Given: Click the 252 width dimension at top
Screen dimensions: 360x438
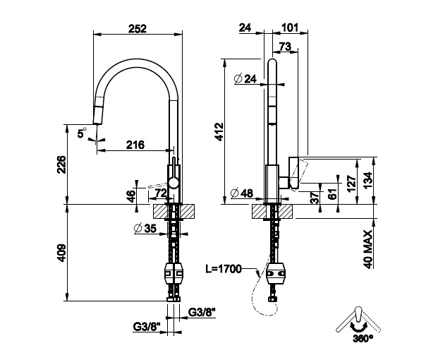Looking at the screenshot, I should [x=138, y=29].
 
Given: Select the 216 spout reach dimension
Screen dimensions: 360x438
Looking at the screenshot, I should [x=135, y=145].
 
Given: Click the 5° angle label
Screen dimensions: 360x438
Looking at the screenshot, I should [x=82, y=131].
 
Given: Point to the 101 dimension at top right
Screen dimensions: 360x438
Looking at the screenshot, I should [x=288, y=29].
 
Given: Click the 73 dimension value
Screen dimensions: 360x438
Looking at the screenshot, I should [x=286, y=47].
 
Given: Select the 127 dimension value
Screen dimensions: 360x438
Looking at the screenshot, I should [x=351, y=184].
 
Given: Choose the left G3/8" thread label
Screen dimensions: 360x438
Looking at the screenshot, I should [x=147, y=327].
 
